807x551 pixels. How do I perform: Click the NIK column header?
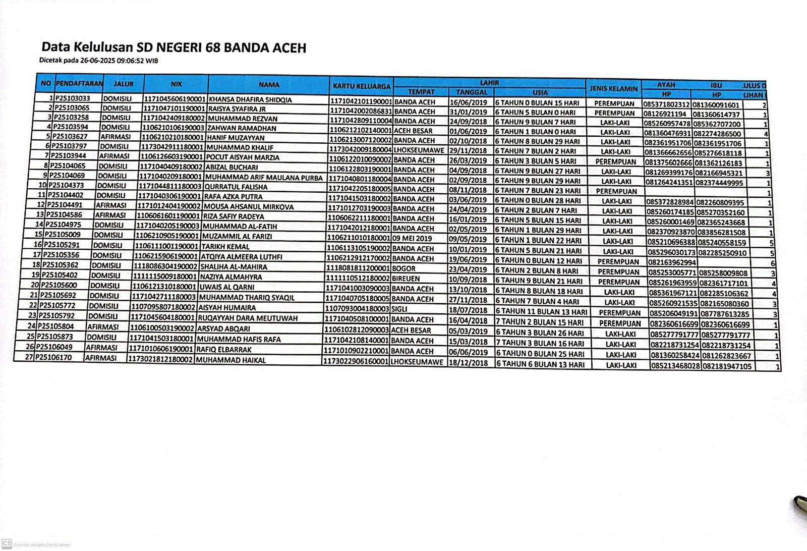(176, 84)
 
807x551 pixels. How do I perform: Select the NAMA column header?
(269, 85)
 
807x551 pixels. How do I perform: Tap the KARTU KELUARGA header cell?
(362, 86)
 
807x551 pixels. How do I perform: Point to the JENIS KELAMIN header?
(613, 89)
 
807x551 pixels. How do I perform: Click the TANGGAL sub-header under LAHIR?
(471, 92)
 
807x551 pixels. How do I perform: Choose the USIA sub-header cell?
(540, 93)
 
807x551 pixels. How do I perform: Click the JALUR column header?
(124, 84)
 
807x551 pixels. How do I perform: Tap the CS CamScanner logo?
(6, 544)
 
